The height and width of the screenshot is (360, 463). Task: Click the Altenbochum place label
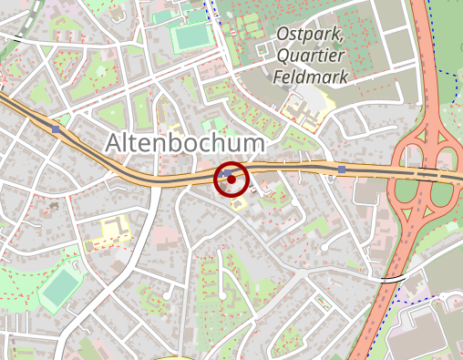[x=185, y=143]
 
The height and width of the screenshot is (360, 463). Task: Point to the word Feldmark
[x=311, y=77]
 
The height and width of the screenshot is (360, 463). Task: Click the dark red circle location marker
[x=231, y=180]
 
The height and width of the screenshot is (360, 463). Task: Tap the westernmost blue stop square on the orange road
[x=57, y=129]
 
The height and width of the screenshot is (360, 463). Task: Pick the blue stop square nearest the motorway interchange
[x=342, y=170]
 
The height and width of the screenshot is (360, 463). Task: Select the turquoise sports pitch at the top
[x=190, y=37]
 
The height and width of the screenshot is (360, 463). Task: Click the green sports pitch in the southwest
[x=60, y=288]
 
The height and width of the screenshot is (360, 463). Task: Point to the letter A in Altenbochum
[x=114, y=143]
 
